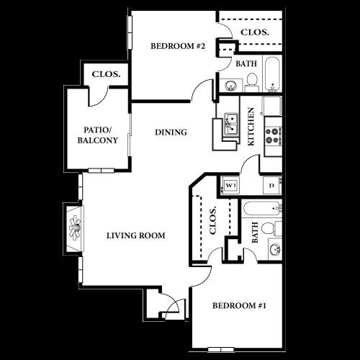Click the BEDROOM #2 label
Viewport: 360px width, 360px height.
[x=178, y=46]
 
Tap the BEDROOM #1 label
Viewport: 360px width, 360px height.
[x=239, y=305]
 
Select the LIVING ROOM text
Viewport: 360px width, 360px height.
[x=136, y=235]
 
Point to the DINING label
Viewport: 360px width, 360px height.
[x=171, y=132]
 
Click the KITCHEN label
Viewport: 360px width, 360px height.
[x=251, y=126]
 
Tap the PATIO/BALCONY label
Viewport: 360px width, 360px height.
[x=98, y=135]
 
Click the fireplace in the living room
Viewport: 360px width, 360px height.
[x=75, y=228]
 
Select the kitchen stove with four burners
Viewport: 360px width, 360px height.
[x=274, y=136]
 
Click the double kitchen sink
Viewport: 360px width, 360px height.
[x=231, y=125]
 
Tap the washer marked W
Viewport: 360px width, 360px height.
[x=230, y=185]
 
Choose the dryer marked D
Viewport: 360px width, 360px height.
[x=271, y=185]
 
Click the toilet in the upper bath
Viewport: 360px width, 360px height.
[x=252, y=83]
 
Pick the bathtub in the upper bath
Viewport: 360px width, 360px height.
[x=273, y=73]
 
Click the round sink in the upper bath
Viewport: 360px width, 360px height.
[x=231, y=85]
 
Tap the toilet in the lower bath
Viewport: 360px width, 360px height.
[x=271, y=228]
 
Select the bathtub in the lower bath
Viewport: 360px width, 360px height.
[x=261, y=208]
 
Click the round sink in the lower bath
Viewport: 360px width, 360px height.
[x=275, y=250]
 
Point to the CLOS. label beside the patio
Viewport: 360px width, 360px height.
[x=106, y=74]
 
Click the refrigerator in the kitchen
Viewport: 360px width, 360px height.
[x=272, y=106]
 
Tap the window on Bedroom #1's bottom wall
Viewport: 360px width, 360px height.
[x=221, y=349]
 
